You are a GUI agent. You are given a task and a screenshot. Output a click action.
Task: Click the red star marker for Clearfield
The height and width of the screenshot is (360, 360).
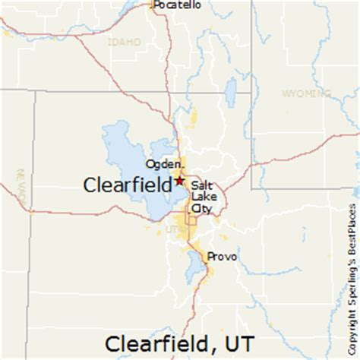pyautogui.click(x=179, y=181)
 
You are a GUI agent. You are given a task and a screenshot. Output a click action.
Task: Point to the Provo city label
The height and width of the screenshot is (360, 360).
pyautogui.click(x=223, y=257)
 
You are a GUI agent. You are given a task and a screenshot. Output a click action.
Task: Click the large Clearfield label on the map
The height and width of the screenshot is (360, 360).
pyautogui.click(x=126, y=185)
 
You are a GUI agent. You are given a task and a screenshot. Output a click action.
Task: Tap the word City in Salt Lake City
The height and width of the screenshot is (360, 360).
pyautogui.click(x=202, y=207)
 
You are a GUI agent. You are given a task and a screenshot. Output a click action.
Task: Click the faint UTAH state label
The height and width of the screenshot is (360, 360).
pyautogui.click(x=175, y=229)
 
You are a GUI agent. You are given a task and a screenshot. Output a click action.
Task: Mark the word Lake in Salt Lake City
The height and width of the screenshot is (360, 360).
pyautogui.click(x=204, y=196)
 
